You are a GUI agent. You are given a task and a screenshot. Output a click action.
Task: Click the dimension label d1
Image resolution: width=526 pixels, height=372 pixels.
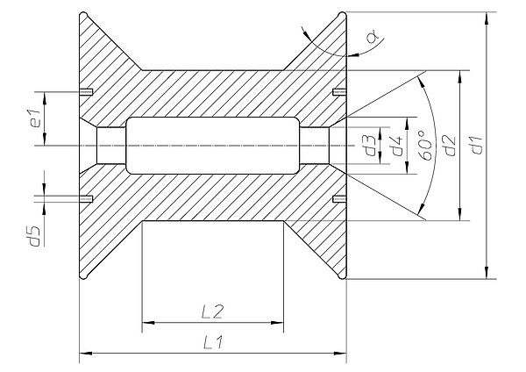click(x=476, y=145)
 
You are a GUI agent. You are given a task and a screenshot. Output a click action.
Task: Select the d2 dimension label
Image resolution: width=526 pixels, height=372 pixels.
click(x=450, y=145)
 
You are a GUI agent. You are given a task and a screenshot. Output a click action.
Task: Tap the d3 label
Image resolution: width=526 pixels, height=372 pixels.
click(x=371, y=146)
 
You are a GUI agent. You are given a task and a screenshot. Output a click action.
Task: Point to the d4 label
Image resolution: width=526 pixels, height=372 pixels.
click(x=396, y=146)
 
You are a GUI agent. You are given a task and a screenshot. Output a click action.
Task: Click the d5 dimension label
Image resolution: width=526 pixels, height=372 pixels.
click(x=35, y=236)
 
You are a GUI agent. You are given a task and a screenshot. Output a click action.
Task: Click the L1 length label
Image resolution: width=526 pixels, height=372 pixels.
click(x=213, y=343)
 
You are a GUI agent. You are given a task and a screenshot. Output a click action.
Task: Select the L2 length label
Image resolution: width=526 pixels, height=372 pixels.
click(x=213, y=311)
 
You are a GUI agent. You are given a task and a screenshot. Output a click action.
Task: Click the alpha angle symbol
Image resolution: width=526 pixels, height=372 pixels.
click(x=373, y=36)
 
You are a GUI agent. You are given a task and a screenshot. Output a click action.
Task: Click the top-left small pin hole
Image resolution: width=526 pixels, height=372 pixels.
click(x=86, y=91)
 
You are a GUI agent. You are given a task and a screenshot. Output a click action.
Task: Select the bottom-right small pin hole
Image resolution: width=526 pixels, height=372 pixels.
click(x=339, y=199)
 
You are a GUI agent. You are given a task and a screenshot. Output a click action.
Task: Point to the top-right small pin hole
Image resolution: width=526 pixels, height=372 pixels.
click(x=339, y=91)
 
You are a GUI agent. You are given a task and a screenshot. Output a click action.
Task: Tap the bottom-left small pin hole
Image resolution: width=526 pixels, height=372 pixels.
click(x=86, y=199)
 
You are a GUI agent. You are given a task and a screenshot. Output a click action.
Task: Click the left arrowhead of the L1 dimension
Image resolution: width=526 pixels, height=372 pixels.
click(x=85, y=354)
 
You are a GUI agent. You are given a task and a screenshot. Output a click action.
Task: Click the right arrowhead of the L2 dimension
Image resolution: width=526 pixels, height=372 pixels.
click(x=277, y=323)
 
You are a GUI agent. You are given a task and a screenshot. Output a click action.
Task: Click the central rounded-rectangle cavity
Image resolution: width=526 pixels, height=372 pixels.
click(x=213, y=146)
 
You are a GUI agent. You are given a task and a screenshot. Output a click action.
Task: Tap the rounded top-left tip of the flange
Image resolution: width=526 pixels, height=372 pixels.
click(x=83, y=16)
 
